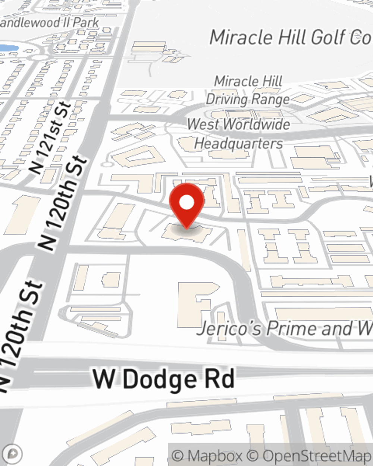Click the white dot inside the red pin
(186, 203)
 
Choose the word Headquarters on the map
(239, 144)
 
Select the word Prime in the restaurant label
(291, 328)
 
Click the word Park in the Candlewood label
(86, 22)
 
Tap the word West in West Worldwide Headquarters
(204, 124)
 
